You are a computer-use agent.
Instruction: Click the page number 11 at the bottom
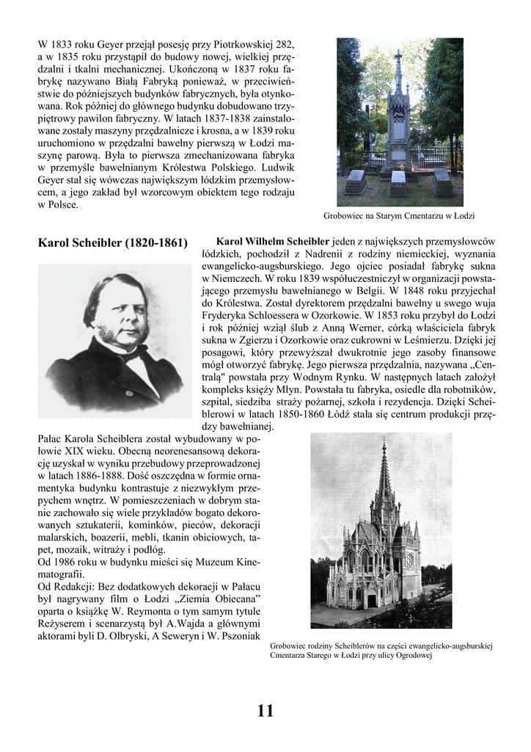(x=265, y=710)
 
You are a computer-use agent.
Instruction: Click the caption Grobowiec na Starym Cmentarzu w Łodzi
(x=400, y=216)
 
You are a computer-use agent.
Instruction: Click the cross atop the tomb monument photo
(x=398, y=55)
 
